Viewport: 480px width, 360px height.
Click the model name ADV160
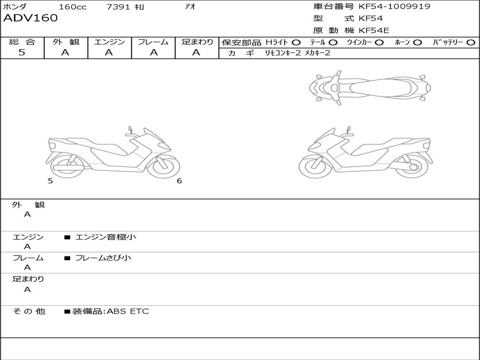coord(30,18)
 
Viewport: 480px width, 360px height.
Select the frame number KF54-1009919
coord(394,7)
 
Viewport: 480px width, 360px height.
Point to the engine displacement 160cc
coord(73,7)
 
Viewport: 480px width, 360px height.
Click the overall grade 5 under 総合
coord(22,52)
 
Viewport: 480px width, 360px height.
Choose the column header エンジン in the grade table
coord(109,42)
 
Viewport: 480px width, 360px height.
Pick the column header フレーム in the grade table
coord(153,42)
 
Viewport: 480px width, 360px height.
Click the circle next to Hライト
coord(296,43)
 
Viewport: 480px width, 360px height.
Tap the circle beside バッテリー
coord(471,43)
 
